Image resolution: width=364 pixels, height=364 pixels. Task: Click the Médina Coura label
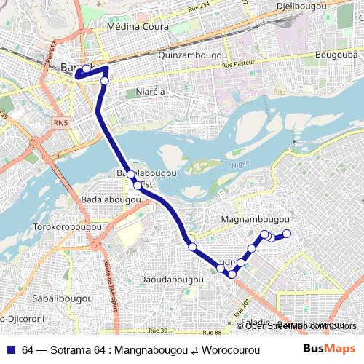coord(138,27)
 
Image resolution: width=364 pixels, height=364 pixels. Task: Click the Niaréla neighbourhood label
coord(152,92)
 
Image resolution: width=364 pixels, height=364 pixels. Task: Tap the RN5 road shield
coord(59,124)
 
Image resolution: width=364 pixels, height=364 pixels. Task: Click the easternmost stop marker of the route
coord(287,234)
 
